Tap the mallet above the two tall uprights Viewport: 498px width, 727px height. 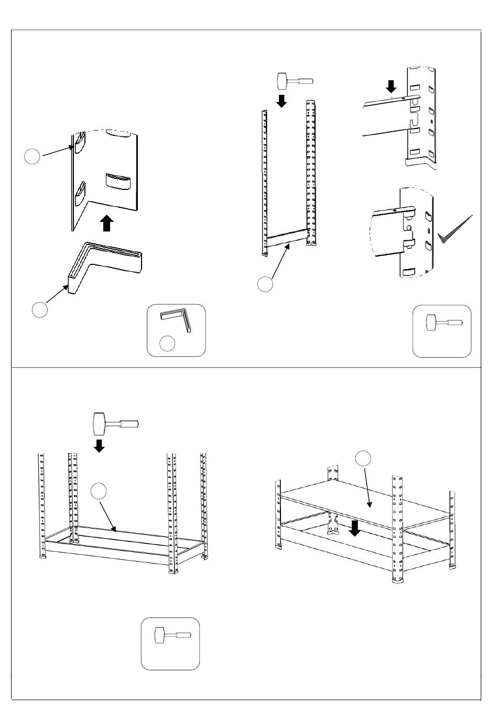(294, 81)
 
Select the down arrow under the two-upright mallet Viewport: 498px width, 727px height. (282, 100)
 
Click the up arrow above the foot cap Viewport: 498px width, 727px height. (107, 223)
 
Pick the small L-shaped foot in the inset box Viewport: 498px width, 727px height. (176, 319)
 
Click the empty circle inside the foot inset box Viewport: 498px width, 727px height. (167, 344)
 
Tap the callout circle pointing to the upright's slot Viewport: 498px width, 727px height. (33, 156)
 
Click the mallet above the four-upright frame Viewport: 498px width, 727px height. (115, 423)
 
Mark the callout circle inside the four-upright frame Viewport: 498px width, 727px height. (99, 491)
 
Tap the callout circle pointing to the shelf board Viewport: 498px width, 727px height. (363, 458)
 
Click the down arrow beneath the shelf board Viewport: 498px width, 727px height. (355, 528)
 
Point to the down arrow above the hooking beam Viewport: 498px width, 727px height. (391, 85)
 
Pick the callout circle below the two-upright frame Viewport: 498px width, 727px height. (265, 284)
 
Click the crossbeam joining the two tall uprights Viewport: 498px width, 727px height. (286, 239)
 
